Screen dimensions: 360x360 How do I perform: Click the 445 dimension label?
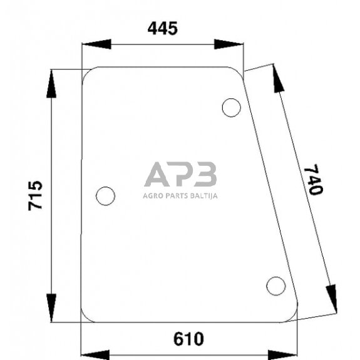(162, 28)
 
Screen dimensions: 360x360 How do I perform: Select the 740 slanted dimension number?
(312, 180)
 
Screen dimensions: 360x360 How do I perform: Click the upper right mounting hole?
(231, 108)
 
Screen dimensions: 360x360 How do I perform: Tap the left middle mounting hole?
(106, 196)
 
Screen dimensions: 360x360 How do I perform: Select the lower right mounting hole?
(275, 285)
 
